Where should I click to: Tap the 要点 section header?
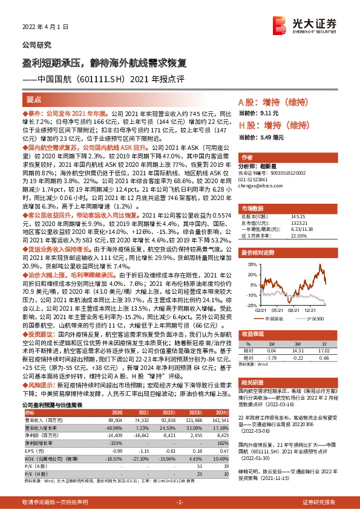(x=34, y=101)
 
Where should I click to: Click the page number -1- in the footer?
(x=180, y=503)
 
